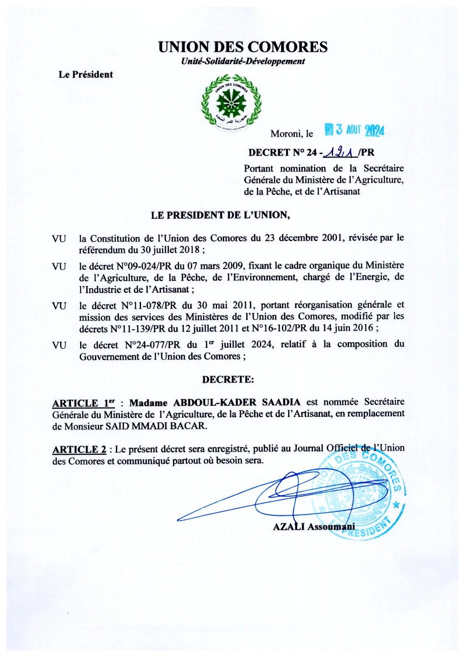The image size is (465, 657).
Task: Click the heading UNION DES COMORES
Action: [x=243, y=47]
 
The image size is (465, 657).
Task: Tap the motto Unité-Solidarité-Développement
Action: [x=243, y=62]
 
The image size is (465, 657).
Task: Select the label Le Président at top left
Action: [x=86, y=75]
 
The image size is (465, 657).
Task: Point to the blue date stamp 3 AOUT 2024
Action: [x=354, y=130]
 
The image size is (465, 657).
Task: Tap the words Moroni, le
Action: [x=291, y=134]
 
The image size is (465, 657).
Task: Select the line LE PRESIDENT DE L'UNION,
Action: [x=220, y=215]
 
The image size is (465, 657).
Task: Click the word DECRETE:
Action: [x=228, y=379]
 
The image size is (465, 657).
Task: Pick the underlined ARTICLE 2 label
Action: [x=79, y=450]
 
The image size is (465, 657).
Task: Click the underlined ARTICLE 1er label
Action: [x=83, y=403]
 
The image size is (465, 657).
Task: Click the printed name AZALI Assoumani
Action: [x=314, y=527]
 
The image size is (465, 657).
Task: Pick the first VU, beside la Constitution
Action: [x=59, y=239]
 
